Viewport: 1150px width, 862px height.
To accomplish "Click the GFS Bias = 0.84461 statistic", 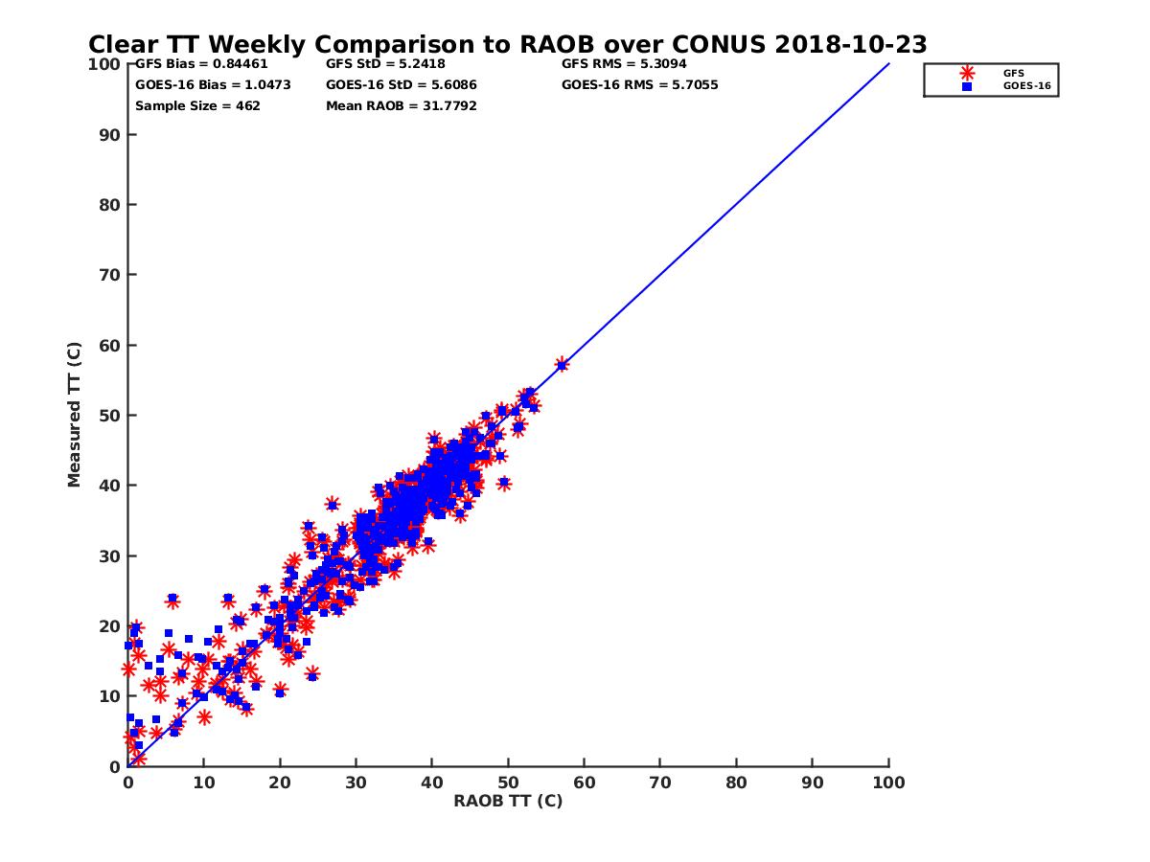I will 201,64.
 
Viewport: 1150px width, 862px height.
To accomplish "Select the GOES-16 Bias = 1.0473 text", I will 213,84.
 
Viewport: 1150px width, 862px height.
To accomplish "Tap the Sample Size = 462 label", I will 197,105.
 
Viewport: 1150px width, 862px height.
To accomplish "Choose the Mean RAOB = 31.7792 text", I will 402,105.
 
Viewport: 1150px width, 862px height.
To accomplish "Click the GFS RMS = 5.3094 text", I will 624,64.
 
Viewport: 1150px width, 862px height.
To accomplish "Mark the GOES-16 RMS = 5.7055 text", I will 640,84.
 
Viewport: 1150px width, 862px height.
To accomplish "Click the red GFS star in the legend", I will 967,73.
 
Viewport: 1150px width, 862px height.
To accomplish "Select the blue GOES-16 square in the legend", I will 967,86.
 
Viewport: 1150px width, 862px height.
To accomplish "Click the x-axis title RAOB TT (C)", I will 508,801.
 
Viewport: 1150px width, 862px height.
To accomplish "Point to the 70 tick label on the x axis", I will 660,782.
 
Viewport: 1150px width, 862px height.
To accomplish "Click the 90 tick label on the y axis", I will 110,134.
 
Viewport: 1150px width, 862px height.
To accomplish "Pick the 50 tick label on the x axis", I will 508,782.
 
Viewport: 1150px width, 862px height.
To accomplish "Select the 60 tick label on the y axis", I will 110,345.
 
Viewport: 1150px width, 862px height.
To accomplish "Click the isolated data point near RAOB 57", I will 562,364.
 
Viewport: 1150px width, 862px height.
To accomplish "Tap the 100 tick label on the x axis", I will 888,782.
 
